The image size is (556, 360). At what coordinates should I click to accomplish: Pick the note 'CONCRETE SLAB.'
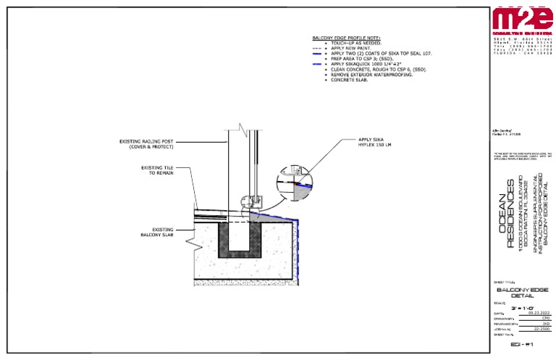pos(350,80)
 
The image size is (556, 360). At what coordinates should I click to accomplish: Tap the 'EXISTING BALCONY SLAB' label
pos(158,232)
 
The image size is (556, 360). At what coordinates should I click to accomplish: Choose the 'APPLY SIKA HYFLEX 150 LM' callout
pos(375,143)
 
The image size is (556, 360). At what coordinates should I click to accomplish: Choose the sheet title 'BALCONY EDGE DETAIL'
pos(523,292)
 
